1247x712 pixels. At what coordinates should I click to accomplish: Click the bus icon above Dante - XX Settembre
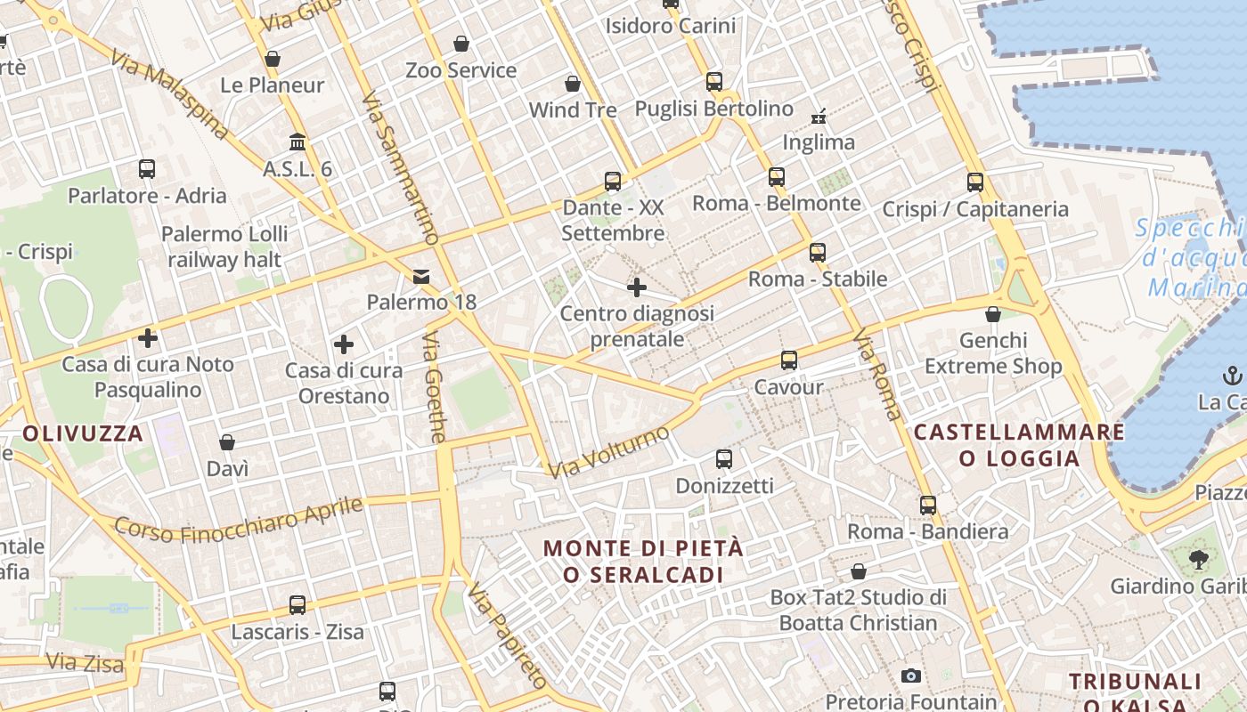(613, 182)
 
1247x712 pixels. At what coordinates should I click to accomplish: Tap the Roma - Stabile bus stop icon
(818, 253)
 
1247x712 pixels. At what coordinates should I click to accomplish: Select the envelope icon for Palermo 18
(421, 277)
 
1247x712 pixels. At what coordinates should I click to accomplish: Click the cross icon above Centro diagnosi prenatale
(637, 287)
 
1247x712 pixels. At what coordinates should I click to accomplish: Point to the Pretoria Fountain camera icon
(910, 676)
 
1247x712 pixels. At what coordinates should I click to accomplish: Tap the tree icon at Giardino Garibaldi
(1198, 560)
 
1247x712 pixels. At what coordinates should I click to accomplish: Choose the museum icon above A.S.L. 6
(297, 142)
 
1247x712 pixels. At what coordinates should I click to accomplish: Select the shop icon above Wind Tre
(573, 85)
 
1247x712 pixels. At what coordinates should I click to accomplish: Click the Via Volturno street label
(609, 452)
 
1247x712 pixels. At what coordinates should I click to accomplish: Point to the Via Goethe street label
(435, 388)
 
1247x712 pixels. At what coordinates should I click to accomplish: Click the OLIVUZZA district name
(83, 434)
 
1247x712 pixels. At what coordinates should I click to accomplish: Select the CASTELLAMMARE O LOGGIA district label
(1019, 445)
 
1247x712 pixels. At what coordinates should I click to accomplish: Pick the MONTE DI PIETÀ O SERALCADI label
(643, 561)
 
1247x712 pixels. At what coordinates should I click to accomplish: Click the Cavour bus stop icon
(789, 360)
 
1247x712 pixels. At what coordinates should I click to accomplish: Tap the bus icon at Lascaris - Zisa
(297, 605)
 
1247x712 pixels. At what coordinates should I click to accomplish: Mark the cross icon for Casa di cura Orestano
(344, 344)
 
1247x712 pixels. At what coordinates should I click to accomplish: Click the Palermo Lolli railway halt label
(224, 247)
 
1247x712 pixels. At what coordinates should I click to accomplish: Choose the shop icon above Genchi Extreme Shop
(993, 315)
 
